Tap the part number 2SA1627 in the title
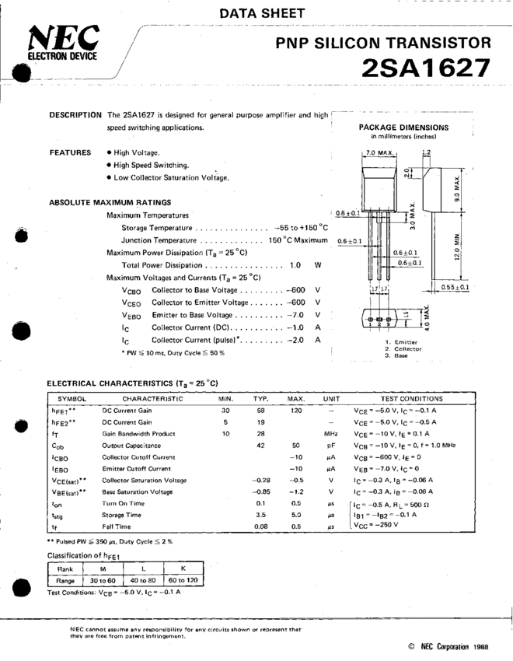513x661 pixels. [x=426, y=68]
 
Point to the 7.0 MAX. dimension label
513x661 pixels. [x=382, y=153]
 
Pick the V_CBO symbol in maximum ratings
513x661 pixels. [x=131, y=289]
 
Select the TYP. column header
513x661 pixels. [x=260, y=398]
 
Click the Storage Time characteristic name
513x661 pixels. [x=122, y=515]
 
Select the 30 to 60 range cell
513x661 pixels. [x=103, y=580]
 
